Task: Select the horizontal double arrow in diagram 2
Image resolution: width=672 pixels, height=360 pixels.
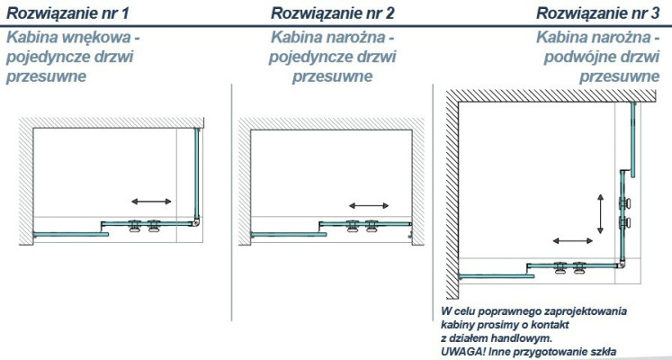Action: click(x=369, y=206)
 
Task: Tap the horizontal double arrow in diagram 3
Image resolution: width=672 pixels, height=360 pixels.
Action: click(x=573, y=241)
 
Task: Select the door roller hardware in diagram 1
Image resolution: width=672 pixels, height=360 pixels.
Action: click(x=143, y=226)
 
